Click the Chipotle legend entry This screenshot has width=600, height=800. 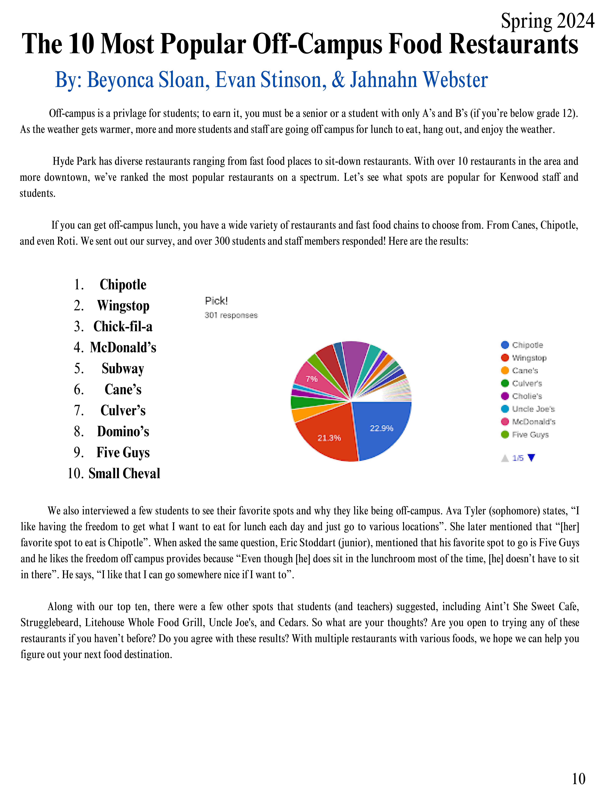pos(527,345)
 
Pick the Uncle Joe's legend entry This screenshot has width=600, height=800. pos(533,409)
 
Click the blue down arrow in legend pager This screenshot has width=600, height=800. pos(531,458)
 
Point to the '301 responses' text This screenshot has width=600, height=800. pos(231,315)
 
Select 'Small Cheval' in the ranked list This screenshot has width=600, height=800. pos(124,473)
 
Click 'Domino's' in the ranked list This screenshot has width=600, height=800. pos(123,431)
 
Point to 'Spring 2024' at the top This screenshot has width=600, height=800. pos(547,21)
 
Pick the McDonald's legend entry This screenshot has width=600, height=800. pos(533,422)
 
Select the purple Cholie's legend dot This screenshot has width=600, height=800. pos(505,396)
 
